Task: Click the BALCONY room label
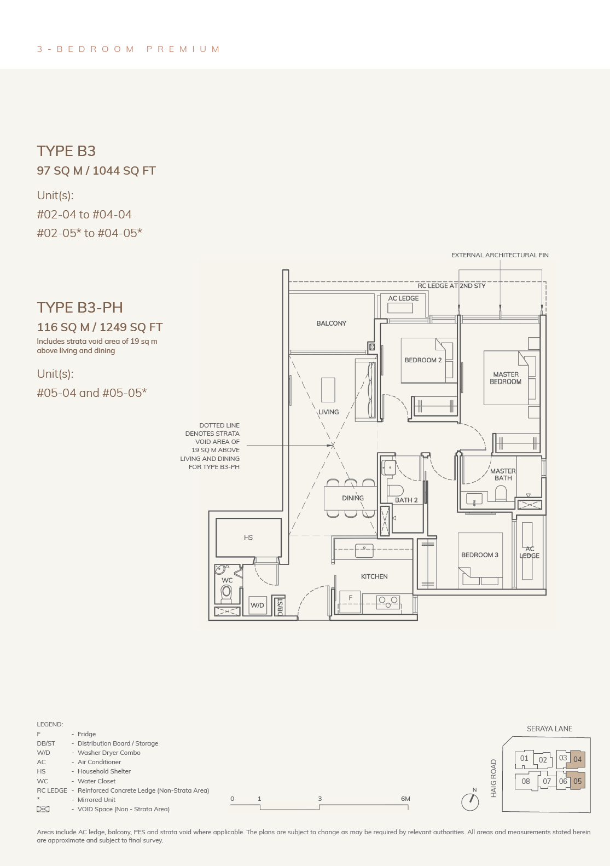coord(331,323)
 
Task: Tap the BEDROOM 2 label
coord(423,360)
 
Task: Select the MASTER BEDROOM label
coord(506,378)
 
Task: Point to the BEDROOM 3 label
coord(479,555)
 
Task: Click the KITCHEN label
coord(374,576)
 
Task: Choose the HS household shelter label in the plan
coord(248,538)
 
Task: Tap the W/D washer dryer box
coord(257,605)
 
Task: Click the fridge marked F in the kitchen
coord(350,602)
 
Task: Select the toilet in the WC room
coord(226,593)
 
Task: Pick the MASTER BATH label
coord(503,475)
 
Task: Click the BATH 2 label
coord(406,500)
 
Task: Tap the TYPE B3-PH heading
coord(80,307)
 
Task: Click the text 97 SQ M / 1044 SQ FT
coord(96,170)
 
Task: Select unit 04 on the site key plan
coord(577,759)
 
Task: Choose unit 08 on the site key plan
coord(525,781)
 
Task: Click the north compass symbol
coord(470,802)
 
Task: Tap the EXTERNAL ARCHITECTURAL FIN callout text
coord(500,255)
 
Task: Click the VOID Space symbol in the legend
coord(43,809)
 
